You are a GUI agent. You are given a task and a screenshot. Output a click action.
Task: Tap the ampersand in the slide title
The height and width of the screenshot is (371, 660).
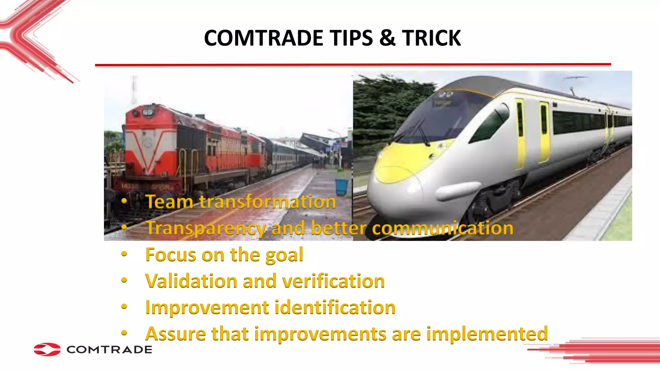(x=387, y=38)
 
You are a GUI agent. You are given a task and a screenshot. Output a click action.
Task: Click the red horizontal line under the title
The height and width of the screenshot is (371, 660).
(x=353, y=65)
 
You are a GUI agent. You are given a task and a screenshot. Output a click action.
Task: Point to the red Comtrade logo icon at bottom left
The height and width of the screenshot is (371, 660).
(x=47, y=349)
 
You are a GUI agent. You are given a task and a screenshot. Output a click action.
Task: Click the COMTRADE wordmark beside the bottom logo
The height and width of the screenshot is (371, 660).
(x=109, y=350)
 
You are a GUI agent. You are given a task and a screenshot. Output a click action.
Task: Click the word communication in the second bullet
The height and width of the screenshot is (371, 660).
(x=442, y=228)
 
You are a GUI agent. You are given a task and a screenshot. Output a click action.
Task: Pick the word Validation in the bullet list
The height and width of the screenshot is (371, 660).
(x=191, y=281)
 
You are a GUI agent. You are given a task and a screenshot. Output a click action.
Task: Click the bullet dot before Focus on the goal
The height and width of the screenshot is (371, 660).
(x=124, y=254)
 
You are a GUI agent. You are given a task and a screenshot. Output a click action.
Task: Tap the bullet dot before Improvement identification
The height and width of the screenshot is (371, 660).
(x=124, y=307)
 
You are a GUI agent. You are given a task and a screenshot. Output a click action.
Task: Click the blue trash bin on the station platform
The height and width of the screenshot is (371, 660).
(x=342, y=187)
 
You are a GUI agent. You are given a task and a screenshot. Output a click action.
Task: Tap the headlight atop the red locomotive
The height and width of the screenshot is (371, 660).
(x=148, y=112)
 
